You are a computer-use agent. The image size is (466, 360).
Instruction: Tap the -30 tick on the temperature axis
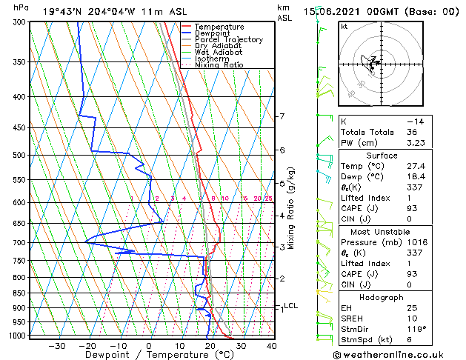[56, 345]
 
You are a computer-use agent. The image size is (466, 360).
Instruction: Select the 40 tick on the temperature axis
[272, 345]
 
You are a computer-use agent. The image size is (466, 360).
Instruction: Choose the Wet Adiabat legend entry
[219, 52]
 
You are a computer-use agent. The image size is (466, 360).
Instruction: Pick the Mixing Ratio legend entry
[219, 64]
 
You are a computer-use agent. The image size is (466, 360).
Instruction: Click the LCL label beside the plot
[290, 305]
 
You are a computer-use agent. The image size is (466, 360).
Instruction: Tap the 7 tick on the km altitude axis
[282, 116]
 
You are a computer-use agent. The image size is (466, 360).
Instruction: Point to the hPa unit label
[22, 7]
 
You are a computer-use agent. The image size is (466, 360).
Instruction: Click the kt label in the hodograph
[344, 27]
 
